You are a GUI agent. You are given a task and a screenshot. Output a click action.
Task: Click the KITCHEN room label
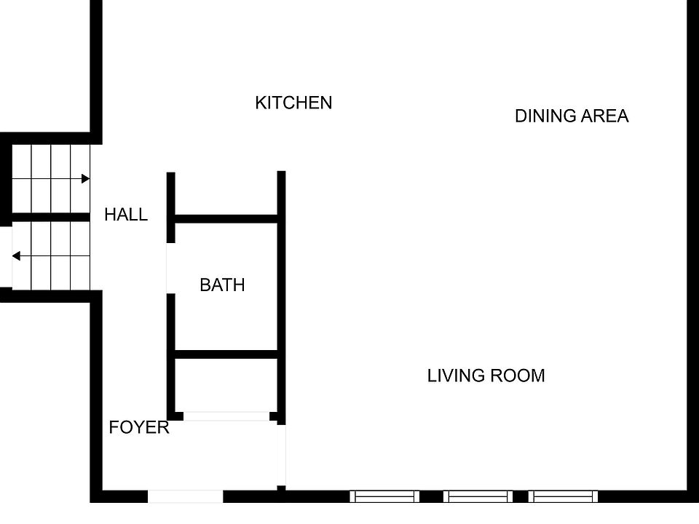pos(293,103)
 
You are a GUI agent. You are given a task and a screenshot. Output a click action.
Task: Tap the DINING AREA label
pos(572,116)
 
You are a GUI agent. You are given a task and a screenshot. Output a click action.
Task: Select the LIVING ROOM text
pos(486,376)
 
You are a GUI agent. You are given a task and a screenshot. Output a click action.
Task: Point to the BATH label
pos(223,285)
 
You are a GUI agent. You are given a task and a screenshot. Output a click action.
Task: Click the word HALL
pos(126,215)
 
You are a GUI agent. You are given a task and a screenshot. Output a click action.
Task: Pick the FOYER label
pos(139,427)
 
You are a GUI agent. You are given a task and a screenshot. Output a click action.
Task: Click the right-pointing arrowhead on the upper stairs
pos(86,179)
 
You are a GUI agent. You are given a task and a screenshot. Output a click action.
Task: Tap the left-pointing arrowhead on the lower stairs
pos(16,255)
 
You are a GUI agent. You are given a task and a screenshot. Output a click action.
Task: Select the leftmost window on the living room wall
pos(384,496)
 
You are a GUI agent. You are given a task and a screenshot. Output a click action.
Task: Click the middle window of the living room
pos(478,496)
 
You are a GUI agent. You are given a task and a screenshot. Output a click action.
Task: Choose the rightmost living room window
pos(563,496)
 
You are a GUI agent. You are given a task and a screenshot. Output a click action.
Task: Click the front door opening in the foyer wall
pos(186,496)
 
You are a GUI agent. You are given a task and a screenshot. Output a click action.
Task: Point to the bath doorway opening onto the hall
pos(170,269)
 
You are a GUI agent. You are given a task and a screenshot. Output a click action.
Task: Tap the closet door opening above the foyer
pos(226,416)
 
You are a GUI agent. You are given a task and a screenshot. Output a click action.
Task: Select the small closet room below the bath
pos(226,386)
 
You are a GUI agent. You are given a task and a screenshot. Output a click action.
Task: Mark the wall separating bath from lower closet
pos(226,354)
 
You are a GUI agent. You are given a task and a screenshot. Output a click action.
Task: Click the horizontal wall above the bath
pos(226,219)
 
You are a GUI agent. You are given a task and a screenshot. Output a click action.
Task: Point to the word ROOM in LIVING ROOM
pos(518,376)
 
